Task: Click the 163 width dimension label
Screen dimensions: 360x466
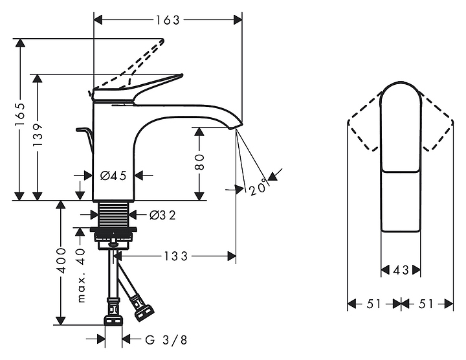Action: click(x=168, y=20)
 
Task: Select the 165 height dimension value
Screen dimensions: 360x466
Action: click(x=20, y=114)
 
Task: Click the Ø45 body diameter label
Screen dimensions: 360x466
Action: click(x=113, y=175)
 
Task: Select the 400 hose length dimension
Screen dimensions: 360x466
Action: click(x=61, y=259)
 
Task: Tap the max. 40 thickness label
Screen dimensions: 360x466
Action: click(x=81, y=275)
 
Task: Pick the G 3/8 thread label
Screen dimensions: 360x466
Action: click(x=166, y=340)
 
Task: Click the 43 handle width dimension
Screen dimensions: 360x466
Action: click(x=401, y=270)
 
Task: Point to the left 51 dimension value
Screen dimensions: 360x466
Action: click(x=373, y=304)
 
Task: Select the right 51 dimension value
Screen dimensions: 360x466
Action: click(x=427, y=304)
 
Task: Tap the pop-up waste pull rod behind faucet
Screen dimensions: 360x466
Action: click(x=84, y=133)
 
